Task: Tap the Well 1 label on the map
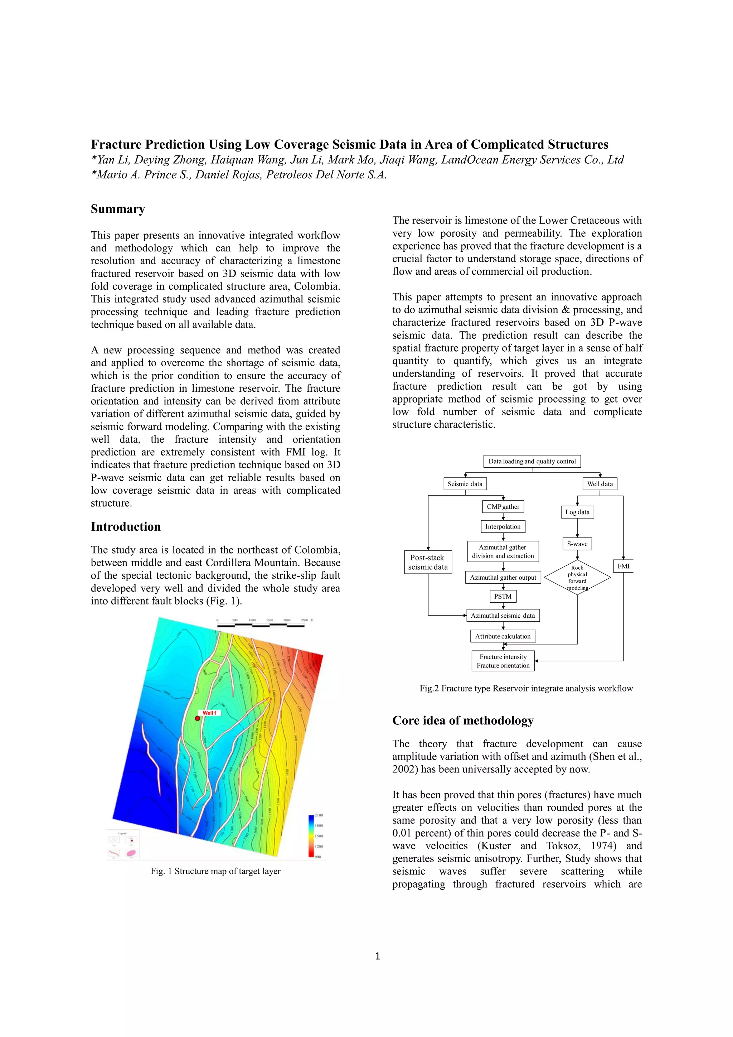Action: (209, 713)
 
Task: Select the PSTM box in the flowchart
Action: (503, 596)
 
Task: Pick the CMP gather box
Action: (503, 507)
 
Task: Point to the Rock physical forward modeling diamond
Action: (577, 577)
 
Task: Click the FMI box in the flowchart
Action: (623, 566)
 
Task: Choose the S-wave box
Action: (577, 544)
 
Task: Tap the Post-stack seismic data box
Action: (428, 562)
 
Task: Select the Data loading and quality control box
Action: (532, 461)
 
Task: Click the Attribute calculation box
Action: (503, 636)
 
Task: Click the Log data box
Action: (577, 512)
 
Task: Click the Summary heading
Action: (118, 209)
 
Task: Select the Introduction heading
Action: (126, 527)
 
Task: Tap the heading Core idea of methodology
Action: (463, 720)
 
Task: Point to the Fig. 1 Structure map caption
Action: (215, 871)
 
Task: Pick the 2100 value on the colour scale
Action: (319, 815)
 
